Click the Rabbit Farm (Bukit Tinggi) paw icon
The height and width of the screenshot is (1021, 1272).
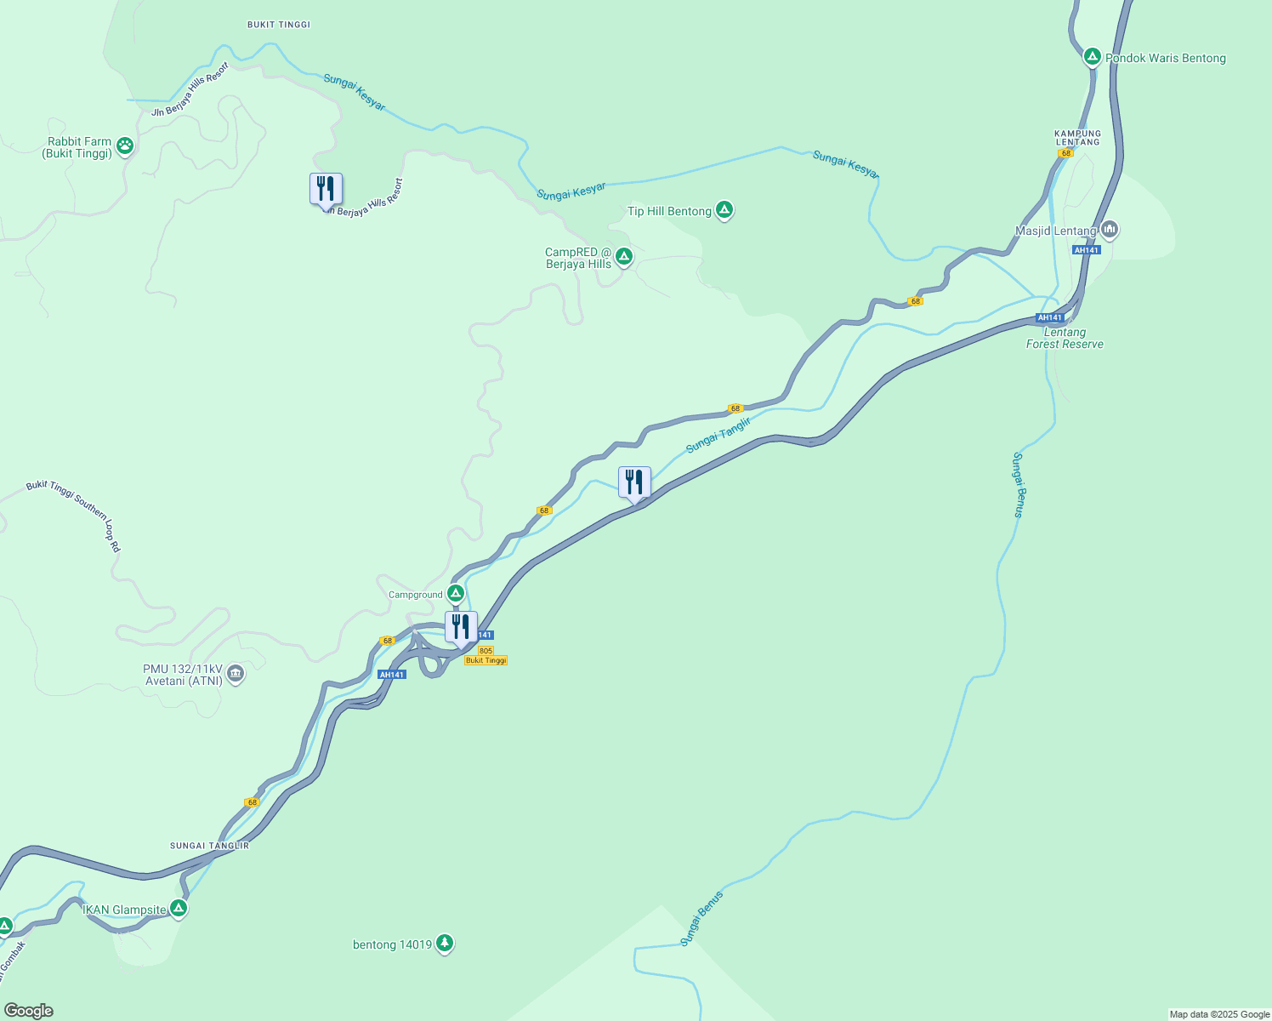click(125, 145)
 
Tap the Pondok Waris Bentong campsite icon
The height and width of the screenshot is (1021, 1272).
click(1093, 57)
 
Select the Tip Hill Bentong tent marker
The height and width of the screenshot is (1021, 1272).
click(724, 209)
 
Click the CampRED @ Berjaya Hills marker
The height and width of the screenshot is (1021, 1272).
click(624, 256)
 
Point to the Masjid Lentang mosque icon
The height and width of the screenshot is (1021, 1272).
click(1109, 230)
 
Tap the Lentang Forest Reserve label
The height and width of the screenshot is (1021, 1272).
click(1065, 339)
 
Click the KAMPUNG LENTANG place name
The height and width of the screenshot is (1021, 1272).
click(1077, 138)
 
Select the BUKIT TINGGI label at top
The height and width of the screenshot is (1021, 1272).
click(279, 25)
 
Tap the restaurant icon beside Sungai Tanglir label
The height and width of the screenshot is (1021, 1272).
click(634, 483)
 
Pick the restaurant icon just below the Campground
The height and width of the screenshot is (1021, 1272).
click(461, 628)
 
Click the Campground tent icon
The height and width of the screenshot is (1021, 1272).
click(456, 594)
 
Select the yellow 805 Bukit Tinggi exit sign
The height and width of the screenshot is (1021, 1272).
click(486, 656)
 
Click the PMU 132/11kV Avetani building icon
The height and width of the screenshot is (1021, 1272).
click(236, 675)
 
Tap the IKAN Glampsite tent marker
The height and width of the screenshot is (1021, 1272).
click(179, 909)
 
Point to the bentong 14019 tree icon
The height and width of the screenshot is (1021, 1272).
click(445, 944)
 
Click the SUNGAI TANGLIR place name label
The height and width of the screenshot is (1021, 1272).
click(209, 846)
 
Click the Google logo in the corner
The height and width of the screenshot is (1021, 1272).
click(29, 1011)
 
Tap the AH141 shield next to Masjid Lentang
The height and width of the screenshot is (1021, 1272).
click(1087, 250)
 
